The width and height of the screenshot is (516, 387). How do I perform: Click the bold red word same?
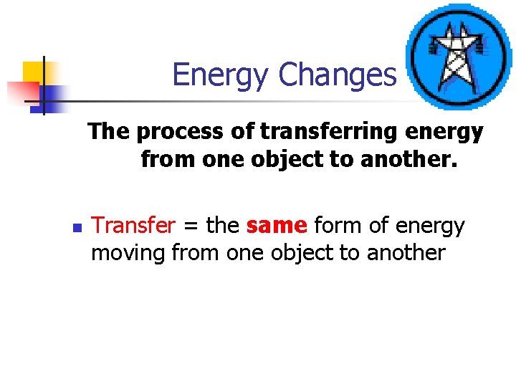276,226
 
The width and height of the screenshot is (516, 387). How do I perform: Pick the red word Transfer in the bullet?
134,226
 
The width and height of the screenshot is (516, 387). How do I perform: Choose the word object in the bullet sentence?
317,252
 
